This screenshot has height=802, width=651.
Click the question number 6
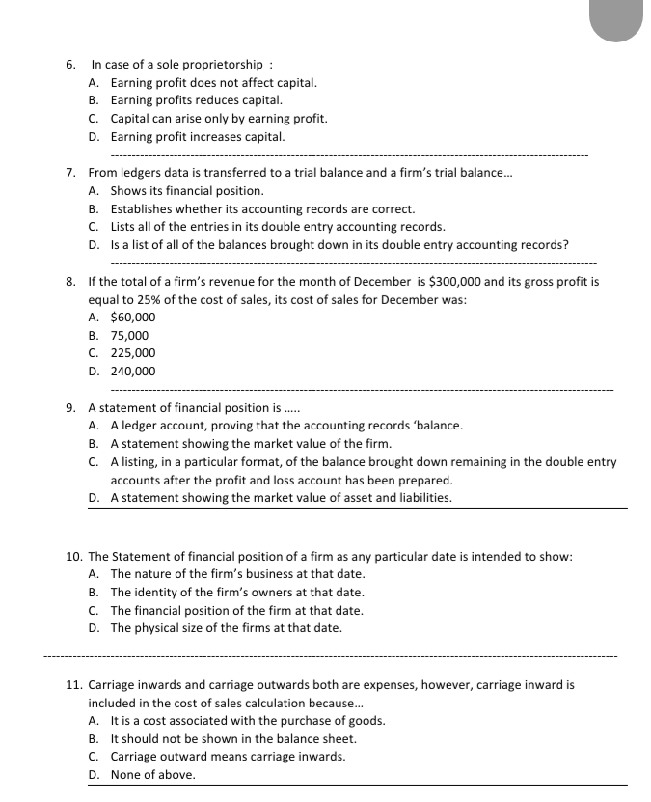(70, 65)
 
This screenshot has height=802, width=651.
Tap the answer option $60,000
(133, 317)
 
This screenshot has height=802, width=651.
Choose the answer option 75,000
(130, 335)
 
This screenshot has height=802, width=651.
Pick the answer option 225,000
(133, 353)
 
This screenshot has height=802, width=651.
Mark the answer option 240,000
(133, 372)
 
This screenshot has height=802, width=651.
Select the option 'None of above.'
(152, 775)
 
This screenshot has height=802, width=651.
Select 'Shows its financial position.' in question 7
(187, 191)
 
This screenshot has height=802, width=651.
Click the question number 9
(70, 407)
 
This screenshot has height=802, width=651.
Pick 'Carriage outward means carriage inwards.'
(228, 757)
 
